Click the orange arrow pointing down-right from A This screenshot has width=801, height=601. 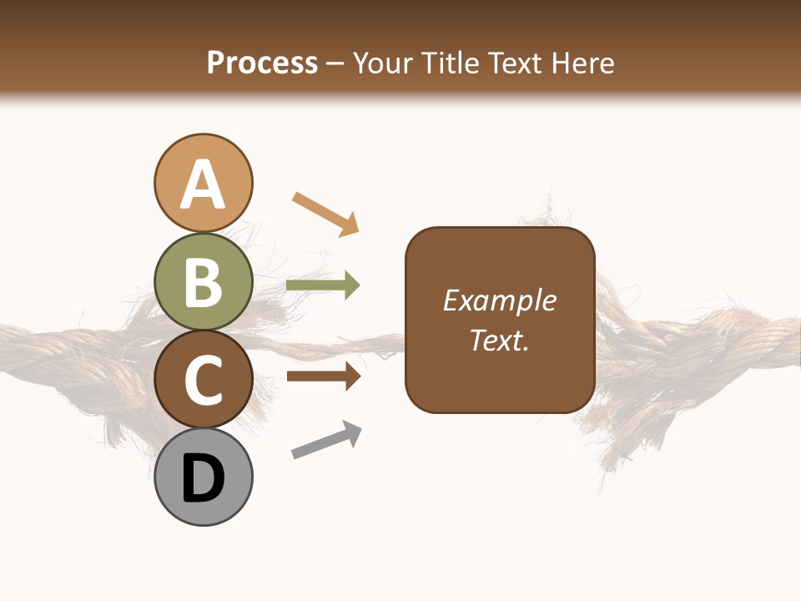pyautogui.click(x=326, y=213)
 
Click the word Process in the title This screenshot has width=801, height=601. pyautogui.click(x=262, y=63)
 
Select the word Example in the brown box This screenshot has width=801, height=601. pyautogui.click(x=499, y=300)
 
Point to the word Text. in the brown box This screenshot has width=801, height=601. pyautogui.click(x=499, y=340)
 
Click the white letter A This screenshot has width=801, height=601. pyautogui.click(x=203, y=184)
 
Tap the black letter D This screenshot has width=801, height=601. pyautogui.click(x=203, y=478)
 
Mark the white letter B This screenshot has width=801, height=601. pyautogui.click(x=203, y=282)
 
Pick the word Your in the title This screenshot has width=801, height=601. pyautogui.click(x=383, y=63)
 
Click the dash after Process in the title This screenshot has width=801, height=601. pyautogui.click(x=335, y=63)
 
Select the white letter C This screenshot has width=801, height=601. pyautogui.click(x=203, y=380)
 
